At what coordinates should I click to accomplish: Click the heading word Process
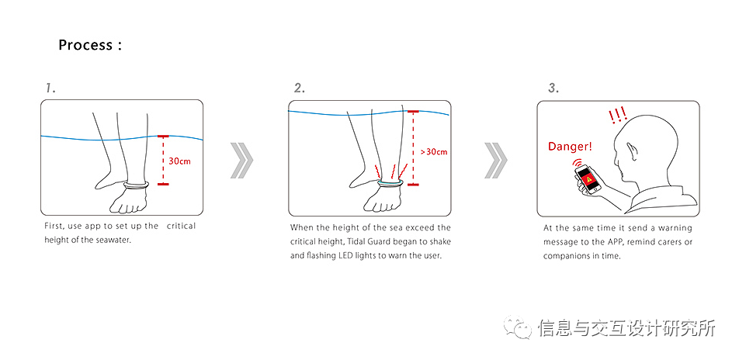tap(85, 45)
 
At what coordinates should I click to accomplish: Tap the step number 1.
tap(50, 88)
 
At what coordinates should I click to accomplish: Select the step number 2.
tap(300, 88)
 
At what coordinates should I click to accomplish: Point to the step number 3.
tap(553, 88)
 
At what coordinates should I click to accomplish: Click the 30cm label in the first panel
tap(179, 161)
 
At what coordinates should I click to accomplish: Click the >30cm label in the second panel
tap(434, 152)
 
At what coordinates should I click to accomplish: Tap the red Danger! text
tap(569, 147)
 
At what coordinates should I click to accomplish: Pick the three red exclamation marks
tap(617, 115)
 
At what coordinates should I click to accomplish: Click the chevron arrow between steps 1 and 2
tap(241, 160)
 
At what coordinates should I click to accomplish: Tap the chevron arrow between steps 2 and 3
tap(496, 160)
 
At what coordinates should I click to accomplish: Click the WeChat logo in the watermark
tap(518, 327)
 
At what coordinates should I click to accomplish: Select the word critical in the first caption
tap(181, 227)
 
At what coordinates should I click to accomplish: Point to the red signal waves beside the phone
tap(576, 163)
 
